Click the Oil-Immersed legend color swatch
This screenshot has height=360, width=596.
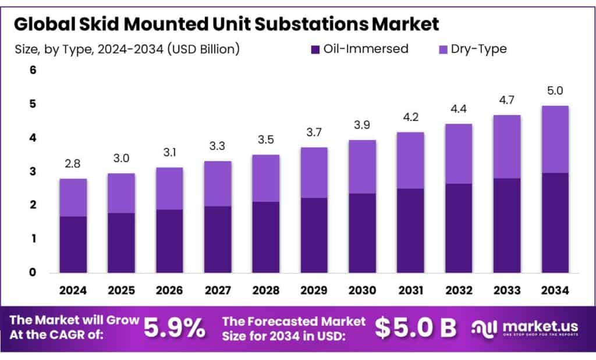(317, 49)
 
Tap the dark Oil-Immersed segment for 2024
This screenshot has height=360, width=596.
(73, 244)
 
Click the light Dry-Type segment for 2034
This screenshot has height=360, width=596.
(555, 140)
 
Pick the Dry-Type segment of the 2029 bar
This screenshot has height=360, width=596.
(314, 173)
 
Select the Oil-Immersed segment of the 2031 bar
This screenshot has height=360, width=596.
(410, 230)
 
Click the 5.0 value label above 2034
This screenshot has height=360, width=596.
(555, 91)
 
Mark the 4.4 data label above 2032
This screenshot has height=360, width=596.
(459, 109)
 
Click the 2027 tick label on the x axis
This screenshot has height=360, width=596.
(218, 290)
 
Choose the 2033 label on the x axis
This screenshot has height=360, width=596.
(506, 290)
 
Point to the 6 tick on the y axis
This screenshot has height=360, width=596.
(33, 70)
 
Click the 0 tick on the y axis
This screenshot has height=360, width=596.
(33, 272)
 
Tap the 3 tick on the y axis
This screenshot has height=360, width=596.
(33, 172)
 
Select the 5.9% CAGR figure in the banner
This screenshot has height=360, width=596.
(174, 329)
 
